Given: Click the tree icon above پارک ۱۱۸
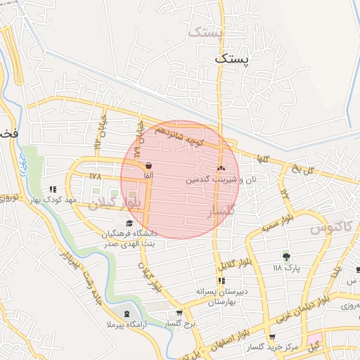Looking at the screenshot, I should coord(286,255).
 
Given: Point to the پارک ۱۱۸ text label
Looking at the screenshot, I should coord(286,268).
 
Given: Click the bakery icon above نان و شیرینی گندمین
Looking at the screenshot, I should coord(221,169).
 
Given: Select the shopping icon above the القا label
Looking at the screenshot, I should coord(148,165).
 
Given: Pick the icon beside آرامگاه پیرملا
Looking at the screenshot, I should coord(127,314).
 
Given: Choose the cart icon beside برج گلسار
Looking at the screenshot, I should coord(180,314).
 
